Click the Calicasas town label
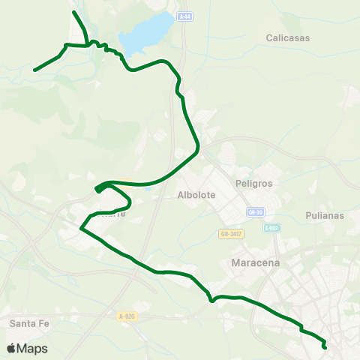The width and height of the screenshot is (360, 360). (289, 37)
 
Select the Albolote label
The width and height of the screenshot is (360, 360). (196, 195)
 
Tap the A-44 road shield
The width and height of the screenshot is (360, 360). (185, 16)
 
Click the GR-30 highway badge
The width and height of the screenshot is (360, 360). (256, 212)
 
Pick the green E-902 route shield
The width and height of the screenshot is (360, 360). (271, 228)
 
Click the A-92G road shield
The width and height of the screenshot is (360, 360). (126, 316)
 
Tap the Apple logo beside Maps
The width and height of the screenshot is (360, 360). (11, 348)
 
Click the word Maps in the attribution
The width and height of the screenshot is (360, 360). (32, 348)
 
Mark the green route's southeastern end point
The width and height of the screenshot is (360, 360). (325, 346)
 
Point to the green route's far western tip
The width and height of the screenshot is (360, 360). (34, 70)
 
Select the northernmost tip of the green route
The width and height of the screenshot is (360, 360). (73, 12)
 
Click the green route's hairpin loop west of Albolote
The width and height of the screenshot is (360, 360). (97, 189)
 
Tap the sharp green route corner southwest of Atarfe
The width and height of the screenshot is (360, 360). (81, 227)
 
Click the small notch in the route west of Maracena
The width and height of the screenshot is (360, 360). (212, 301)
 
